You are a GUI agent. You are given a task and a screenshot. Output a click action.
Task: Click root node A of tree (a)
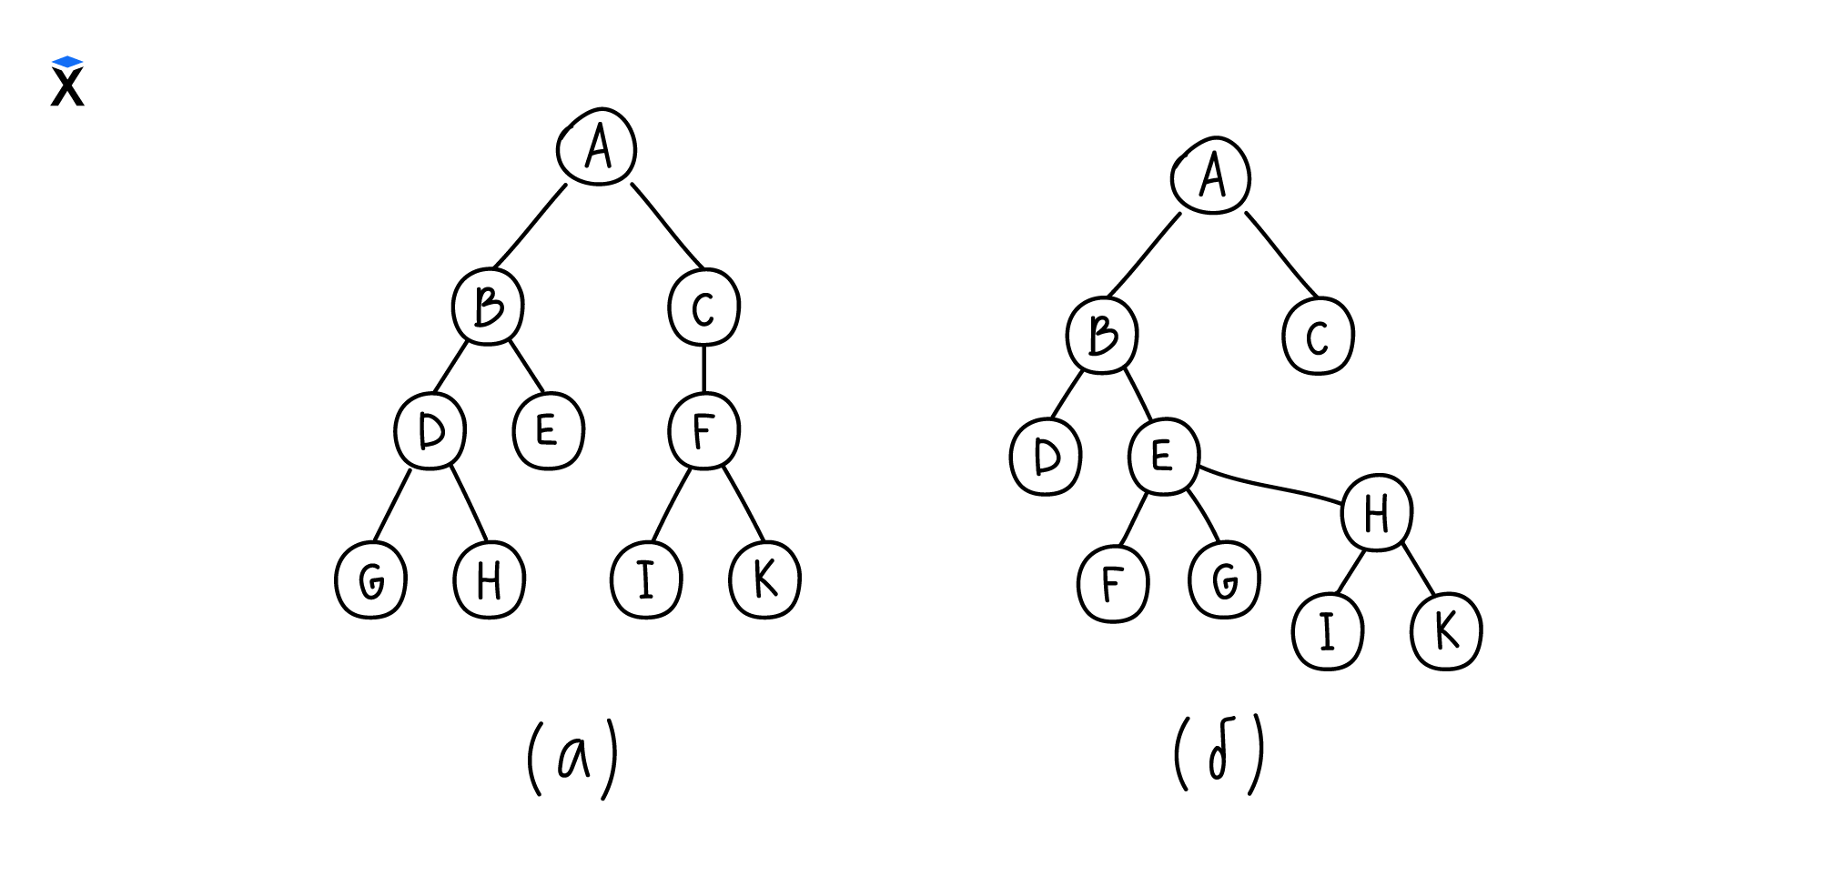pyautogui.click(x=597, y=147)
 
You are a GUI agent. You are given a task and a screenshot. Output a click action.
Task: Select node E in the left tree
pyautogui.click(x=548, y=430)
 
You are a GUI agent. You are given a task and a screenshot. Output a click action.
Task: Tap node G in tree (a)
pyautogui.click(x=370, y=580)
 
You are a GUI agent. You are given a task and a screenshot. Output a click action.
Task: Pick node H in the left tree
pyautogui.click(x=490, y=580)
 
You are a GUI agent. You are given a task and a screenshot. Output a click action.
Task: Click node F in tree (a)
pyautogui.click(x=703, y=430)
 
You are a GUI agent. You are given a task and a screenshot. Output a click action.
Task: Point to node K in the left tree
pyautogui.click(x=765, y=579)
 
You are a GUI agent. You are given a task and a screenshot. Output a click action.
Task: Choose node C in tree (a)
pyautogui.click(x=703, y=307)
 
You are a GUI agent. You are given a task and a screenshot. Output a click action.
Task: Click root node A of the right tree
pyautogui.click(x=1211, y=176)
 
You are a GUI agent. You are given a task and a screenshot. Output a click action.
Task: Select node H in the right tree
pyautogui.click(x=1377, y=513)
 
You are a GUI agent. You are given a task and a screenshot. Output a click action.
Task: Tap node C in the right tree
pyautogui.click(x=1318, y=336)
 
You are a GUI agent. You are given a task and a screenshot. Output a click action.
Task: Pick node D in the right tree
pyautogui.click(x=1046, y=457)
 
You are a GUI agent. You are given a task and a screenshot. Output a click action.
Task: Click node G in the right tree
pyautogui.click(x=1225, y=580)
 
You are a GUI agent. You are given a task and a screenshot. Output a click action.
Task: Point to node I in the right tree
pyautogui.click(x=1328, y=631)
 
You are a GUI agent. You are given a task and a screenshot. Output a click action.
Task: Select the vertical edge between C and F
pyautogui.click(x=703, y=368)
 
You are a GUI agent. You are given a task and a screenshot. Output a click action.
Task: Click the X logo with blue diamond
pyautogui.click(x=67, y=82)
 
